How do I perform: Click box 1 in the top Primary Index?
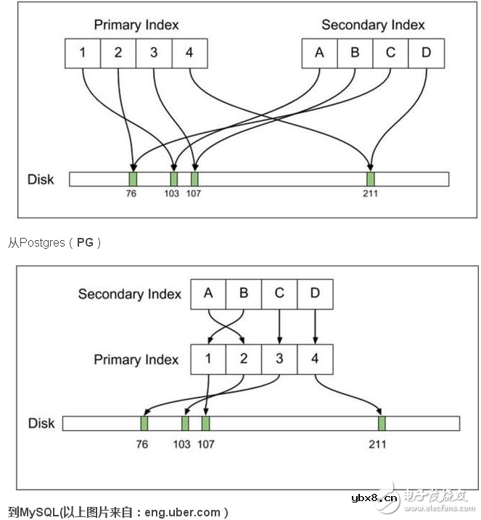[83, 52]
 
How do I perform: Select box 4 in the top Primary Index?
[189, 52]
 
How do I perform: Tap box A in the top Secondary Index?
[320, 52]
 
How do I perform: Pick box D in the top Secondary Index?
[426, 52]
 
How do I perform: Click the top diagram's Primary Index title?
[136, 25]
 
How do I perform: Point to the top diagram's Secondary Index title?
[373, 25]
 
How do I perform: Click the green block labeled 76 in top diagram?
[133, 178]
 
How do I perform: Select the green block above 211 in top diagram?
[371, 178]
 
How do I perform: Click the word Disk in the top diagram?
[41, 178]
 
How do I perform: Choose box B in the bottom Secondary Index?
[244, 294]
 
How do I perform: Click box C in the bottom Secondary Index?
[279, 294]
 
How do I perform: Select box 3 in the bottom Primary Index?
[279, 359]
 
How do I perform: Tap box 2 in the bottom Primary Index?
[244, 359]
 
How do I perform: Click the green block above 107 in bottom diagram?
[206, 424]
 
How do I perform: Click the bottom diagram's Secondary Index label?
[130, 294]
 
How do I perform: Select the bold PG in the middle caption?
[85, 243]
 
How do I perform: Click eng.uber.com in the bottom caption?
[184, 512]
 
